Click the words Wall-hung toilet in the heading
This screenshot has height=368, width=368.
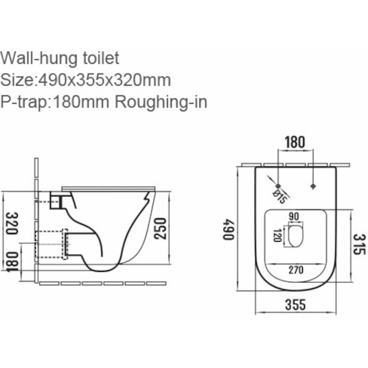(60, 58)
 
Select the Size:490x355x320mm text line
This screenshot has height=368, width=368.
(85, 80)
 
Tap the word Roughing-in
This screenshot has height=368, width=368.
(161, 102)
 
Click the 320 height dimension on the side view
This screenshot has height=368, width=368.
(12, 223)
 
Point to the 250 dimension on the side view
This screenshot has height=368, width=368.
(160, 229)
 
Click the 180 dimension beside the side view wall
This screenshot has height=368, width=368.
(12, 262)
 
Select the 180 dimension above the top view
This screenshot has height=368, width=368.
(295, 142)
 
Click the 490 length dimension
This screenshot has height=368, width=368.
(229, 229)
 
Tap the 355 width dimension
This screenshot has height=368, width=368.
(295, 304)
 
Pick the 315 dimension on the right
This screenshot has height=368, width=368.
(359, 244)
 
